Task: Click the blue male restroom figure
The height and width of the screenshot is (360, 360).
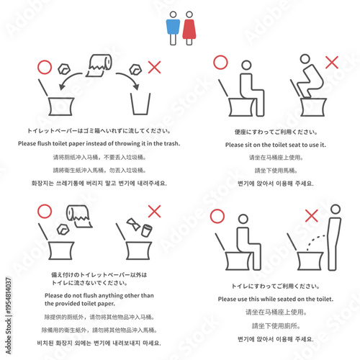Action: (172, 26)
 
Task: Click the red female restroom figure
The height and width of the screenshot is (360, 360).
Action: (188, 26)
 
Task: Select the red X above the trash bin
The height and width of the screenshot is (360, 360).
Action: (153, 67)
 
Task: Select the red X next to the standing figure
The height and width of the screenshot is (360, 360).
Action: (311, 215)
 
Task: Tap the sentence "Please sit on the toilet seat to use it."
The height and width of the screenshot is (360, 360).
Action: (276, 145)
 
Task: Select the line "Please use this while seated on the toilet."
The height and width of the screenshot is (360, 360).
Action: (276, 299)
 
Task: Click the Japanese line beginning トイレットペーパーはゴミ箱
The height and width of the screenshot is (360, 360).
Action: (99, 131)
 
